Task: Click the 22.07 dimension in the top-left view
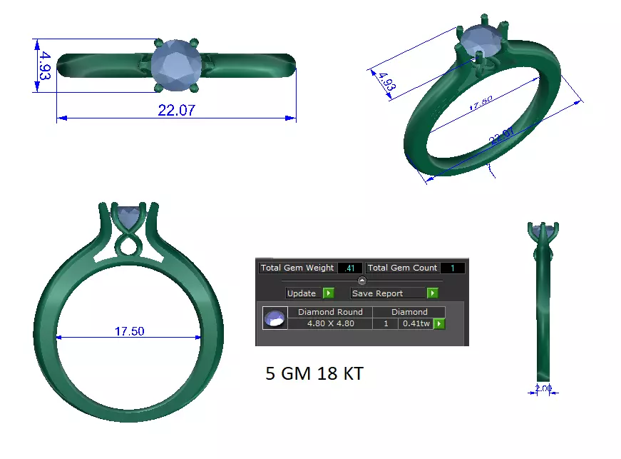point(175,110)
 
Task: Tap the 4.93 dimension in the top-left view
point(45,66)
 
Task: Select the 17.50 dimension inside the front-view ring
point(129,331)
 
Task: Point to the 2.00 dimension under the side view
point(543,389)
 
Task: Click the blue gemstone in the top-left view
point(176,65)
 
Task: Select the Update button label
point(301,293)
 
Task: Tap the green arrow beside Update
point(328,293)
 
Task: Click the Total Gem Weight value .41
point(349,268)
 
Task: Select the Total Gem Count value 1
point(452,268)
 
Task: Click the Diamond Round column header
point(330,312)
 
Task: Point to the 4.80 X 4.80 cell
point(330,323)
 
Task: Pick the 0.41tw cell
point(416,323)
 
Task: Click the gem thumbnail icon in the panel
point(274,318)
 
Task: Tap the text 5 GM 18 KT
point(314,373)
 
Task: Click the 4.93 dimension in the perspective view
point(387,84)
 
